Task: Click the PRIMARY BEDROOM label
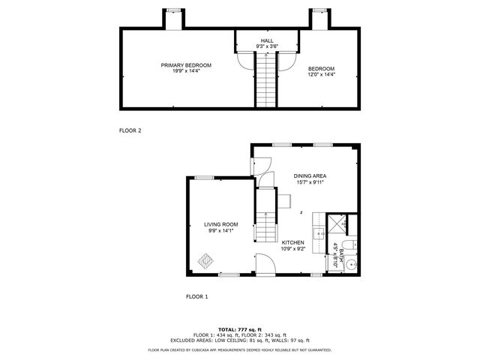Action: point(186,65)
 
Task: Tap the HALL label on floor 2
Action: point(267,40)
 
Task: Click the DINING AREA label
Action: point(310,176)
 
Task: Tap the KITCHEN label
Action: point(293,243)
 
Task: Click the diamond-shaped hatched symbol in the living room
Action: point(206,261)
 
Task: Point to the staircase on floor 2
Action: point(267,81)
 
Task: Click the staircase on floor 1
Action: point(266,225)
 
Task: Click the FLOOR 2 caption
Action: point(130,130)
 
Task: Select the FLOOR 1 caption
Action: point(196,297)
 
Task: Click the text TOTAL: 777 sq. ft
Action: point(240,329)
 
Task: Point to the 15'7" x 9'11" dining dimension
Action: point(310,184)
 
